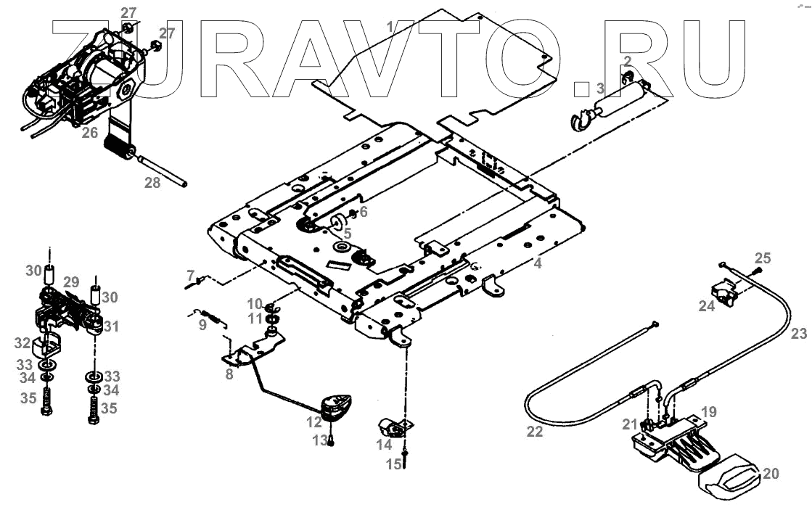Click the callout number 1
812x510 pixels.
pyautogui.click(x=390, y=27)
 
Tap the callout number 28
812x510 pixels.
pyautogui.click(x=152, y=183)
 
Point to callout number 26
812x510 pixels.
pyautogui.click(x=90, y=133)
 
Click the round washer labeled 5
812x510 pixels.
pyautogui.click(x=338, y=220)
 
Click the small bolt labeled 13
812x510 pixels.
pyautogui.click(x=331, y=440)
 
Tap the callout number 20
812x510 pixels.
pyautogui.click(x=771, y=474)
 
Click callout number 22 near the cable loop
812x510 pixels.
pyautogui.click(x=534, y=431)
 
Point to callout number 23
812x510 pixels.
pyautogui.click(x=798, y=334)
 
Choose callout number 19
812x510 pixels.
pyautogui.click(x=709, y=411)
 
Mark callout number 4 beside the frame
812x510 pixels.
pyautogui.click(x=538, y=264)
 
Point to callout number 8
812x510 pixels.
pyautogui.click(x=229, y=374)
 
